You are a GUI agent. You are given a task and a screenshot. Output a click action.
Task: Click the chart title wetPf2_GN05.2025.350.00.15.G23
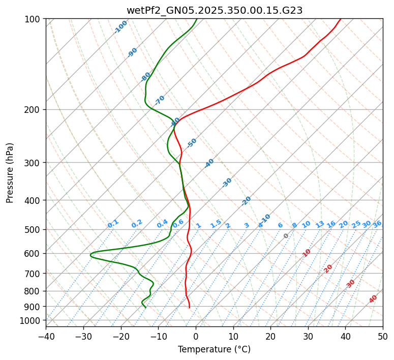pyautogui.click(x=214, y=10)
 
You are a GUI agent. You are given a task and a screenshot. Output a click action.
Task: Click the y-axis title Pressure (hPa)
pyautogui.click(x=10, y=173)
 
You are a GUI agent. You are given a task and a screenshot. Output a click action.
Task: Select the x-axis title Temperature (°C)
pyautogui.click(x=214, y=350)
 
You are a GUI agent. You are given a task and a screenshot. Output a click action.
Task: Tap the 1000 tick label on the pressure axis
pyautogui.click(x=30, y=320)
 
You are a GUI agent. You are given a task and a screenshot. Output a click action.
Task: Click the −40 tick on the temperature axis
pyautogui.click(x=46, y=336)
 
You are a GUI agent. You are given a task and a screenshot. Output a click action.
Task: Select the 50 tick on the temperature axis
pyautogui.click(x=383, y=336)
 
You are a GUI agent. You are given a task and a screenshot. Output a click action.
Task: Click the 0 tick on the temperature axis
pyautogui.click(x=196, y=336)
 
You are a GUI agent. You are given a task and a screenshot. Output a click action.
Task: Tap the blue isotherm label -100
pyautogui.click(x=120, y=27)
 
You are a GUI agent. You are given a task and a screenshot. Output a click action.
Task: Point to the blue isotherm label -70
pyautogui.click(x=160, y=100)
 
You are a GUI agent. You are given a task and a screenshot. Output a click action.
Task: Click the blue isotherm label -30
pyautogui.click(x=227, y=183)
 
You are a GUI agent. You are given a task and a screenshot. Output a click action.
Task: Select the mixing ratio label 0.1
pyautogui.click(x=113, y=223)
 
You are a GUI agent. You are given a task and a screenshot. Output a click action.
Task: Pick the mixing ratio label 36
pyautogui.click(x=377, y=224)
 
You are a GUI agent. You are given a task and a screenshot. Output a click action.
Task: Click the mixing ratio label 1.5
pyautogui.click(x=216, y=223)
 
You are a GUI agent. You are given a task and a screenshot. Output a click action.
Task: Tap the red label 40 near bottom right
pyautogui.click(x=373, y=299)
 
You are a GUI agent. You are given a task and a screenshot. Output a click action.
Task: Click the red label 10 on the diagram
pyautogui.click(x=307, y=253)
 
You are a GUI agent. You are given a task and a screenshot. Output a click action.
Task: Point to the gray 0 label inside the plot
pyautogui.click(x=286, y=236)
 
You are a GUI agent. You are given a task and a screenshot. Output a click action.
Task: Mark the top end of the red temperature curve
pyautogui.click(x=340, y=19)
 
